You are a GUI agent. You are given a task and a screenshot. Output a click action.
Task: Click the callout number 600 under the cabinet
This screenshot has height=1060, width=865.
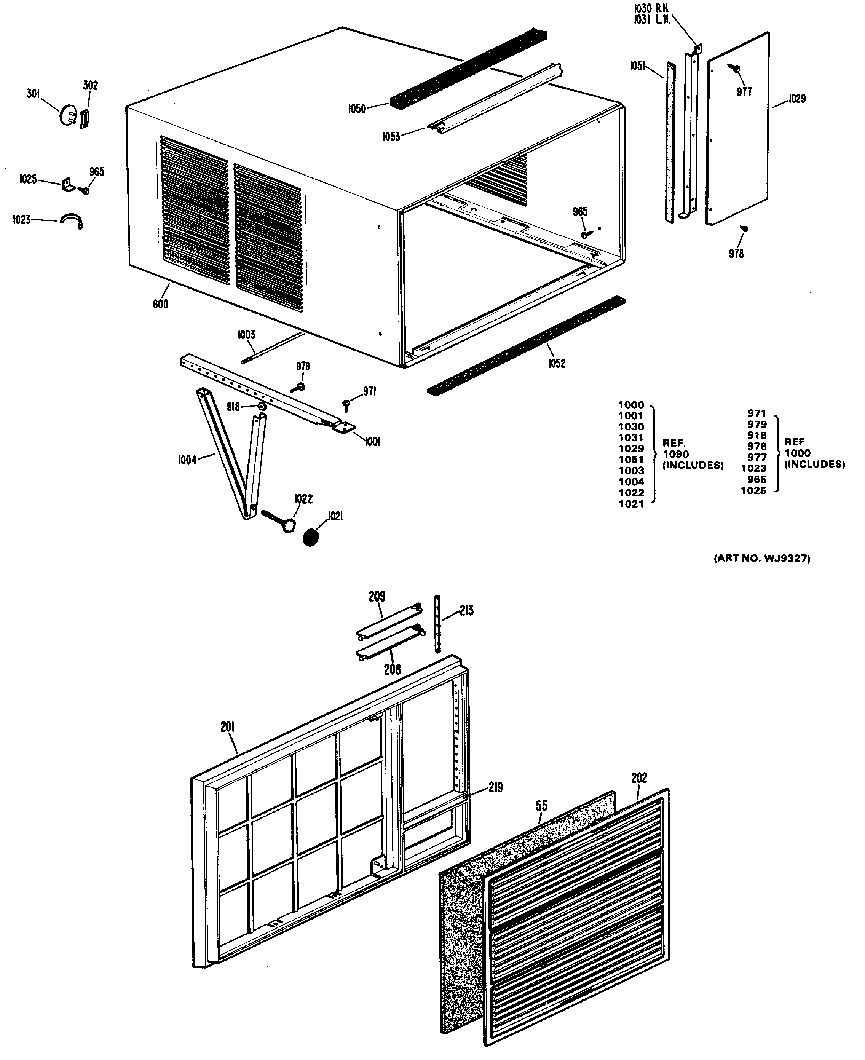tap(160, 304)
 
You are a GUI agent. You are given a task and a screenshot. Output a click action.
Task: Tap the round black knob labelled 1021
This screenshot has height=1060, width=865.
tap(310, 538)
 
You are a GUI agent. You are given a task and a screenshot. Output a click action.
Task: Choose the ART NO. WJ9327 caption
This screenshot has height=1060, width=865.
tap(762, 559)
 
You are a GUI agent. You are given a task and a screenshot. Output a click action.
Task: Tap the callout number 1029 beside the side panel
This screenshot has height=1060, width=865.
tap(797, 99)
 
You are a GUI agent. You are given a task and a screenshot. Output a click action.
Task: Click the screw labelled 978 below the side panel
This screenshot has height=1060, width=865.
tap(745, 229)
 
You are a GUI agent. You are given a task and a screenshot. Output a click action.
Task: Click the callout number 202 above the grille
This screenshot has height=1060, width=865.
tap(639, 778)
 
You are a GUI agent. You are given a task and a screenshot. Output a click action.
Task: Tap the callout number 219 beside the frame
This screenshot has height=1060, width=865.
tap(495, 788)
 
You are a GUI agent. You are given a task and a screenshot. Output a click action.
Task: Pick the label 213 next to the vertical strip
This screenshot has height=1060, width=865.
tap(466, 610)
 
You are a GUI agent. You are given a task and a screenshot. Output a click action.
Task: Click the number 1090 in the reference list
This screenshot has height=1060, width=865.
tap(676, 454)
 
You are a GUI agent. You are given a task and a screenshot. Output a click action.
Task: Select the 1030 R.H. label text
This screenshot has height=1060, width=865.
tap(651, 8)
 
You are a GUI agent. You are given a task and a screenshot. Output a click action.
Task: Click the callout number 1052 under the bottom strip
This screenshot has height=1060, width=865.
tap(557, 363)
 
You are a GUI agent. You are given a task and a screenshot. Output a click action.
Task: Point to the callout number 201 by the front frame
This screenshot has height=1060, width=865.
tap(227, 727)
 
